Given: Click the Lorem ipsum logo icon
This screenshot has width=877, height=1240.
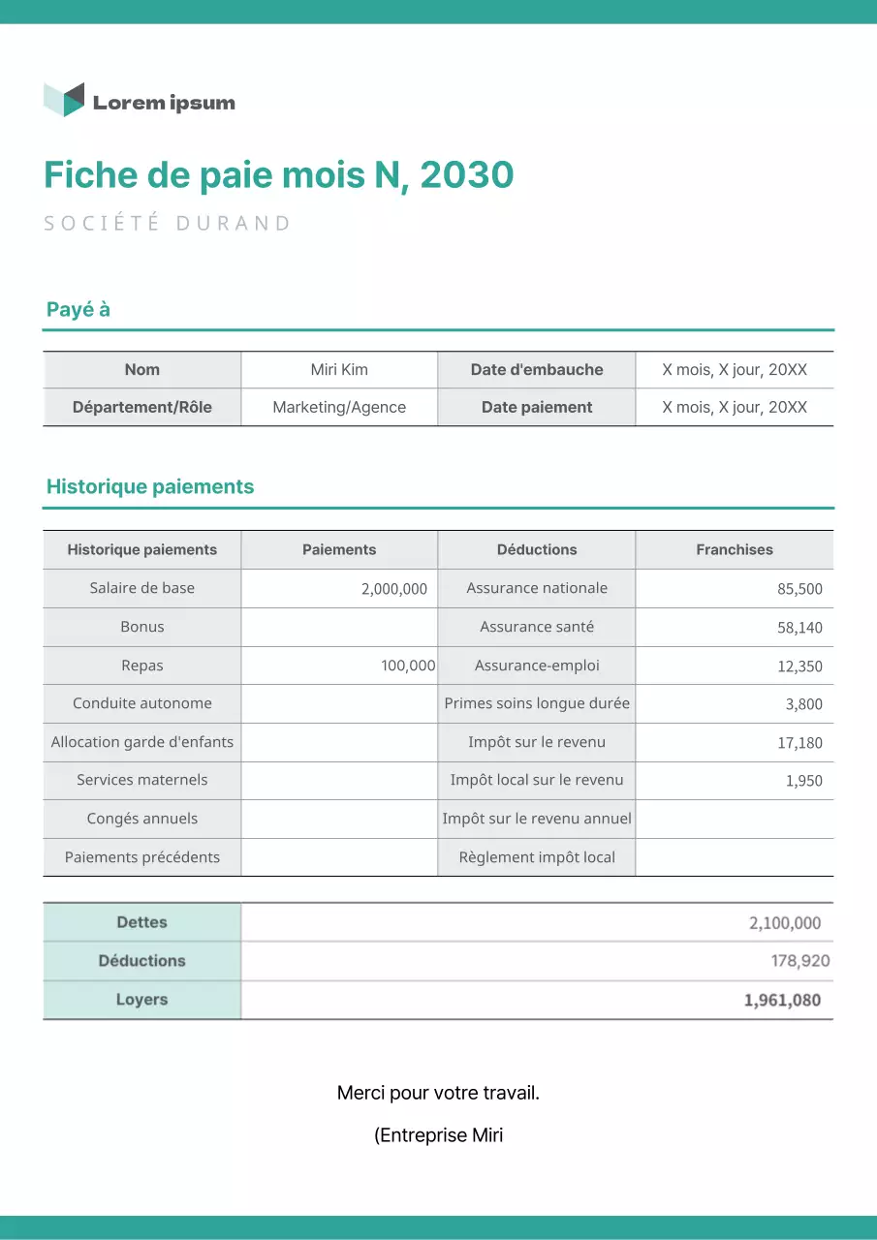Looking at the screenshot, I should [x=64, y=100].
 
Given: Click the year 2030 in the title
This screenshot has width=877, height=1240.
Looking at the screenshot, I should [x=467, y=175].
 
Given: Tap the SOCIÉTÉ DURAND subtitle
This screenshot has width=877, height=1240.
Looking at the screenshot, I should [x=168, y=224].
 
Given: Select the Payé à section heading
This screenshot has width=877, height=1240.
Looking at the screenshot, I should [x=78, y=310].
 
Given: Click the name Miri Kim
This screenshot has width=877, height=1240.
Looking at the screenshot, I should [x=339, y=370].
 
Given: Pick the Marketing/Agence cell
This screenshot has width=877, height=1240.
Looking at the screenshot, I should [x=339, y=408].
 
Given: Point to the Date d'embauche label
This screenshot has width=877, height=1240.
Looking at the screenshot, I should [x=537, y=370].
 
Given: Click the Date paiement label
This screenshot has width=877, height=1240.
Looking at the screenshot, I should [x=537, y=408].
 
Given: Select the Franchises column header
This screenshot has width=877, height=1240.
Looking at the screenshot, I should [x=735, y=550].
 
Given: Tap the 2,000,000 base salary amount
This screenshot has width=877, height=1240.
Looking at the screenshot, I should [x=393, y=589].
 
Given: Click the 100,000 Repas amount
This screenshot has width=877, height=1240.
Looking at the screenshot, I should [x=408, y=666].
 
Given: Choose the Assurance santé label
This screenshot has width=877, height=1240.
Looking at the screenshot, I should [x=537, y=627].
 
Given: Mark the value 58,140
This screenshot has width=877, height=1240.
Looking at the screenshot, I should [x=799, y=628].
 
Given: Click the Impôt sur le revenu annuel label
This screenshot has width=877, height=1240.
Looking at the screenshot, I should [x=537, y=819].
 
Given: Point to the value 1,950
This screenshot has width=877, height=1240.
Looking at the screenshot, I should [x=803, y=781].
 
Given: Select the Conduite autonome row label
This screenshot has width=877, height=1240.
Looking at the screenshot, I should [x=142, y=703].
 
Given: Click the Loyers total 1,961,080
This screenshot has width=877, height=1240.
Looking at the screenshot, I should [x=782, y=1001].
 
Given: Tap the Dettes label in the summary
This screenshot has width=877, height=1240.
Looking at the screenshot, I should [x=142, y=923].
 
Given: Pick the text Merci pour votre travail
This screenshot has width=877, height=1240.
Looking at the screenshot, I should [x=438, y=1094].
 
